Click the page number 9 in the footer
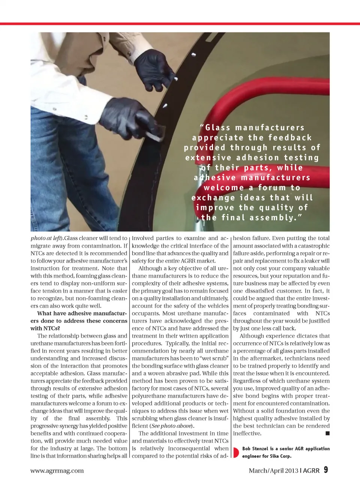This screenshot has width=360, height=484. coord(326,470)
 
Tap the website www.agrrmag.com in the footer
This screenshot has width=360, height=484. coord(57,470)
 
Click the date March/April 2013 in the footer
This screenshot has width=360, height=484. coord(273,470)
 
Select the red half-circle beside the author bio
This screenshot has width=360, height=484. coord(235,452)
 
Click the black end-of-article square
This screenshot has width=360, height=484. coord(327,433)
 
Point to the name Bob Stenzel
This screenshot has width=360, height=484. coord(255,449)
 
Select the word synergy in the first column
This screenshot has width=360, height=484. coord(76,426)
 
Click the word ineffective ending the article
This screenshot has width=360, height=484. coord(247,433)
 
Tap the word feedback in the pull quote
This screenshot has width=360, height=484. coord(289,138)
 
